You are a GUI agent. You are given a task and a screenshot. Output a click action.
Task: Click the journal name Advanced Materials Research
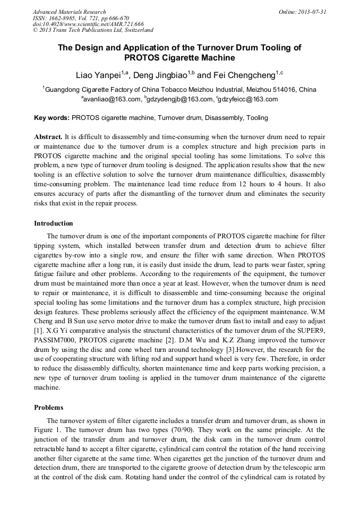coord(69,12)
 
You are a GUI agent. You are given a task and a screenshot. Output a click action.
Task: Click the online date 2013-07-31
coord(311,12)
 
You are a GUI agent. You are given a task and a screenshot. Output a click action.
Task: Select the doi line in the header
coord(88,24)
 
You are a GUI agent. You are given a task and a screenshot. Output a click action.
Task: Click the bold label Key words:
coord(52,118)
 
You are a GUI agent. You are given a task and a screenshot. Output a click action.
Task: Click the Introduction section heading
coord(54,223)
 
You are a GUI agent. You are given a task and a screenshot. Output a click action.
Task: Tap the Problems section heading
coord(48,408)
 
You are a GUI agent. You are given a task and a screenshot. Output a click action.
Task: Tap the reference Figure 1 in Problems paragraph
coord(47,430)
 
